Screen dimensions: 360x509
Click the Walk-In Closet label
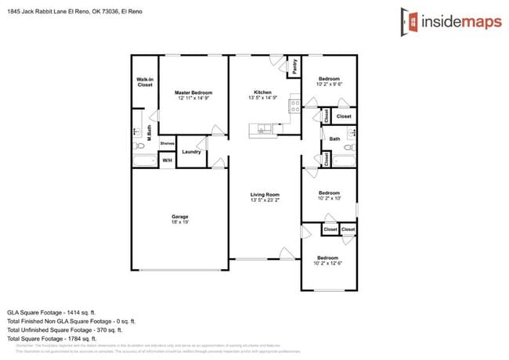click(145, 82)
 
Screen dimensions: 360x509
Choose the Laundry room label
click(191, 152)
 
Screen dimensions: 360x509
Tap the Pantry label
click(294, 67)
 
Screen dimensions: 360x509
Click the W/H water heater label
click(167, 160)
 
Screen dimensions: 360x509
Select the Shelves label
click(167, 143)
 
